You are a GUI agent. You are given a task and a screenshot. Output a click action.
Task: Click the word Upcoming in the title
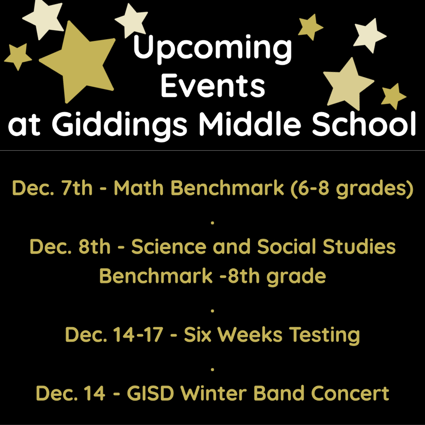[212, 49]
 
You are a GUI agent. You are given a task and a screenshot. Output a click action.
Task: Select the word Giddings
[119, 125]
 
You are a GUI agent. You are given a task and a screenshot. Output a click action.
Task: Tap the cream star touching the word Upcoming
[132, 20]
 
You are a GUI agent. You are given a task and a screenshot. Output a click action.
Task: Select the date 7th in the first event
[77, 188]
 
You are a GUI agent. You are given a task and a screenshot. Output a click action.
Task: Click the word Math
[139, 188]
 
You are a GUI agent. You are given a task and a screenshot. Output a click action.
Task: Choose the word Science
[169, 247]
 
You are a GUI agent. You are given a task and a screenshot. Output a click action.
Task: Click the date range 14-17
[138, 335]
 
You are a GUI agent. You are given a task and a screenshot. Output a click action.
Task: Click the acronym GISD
[150, 393]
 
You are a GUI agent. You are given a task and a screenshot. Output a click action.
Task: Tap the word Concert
[350, 393]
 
